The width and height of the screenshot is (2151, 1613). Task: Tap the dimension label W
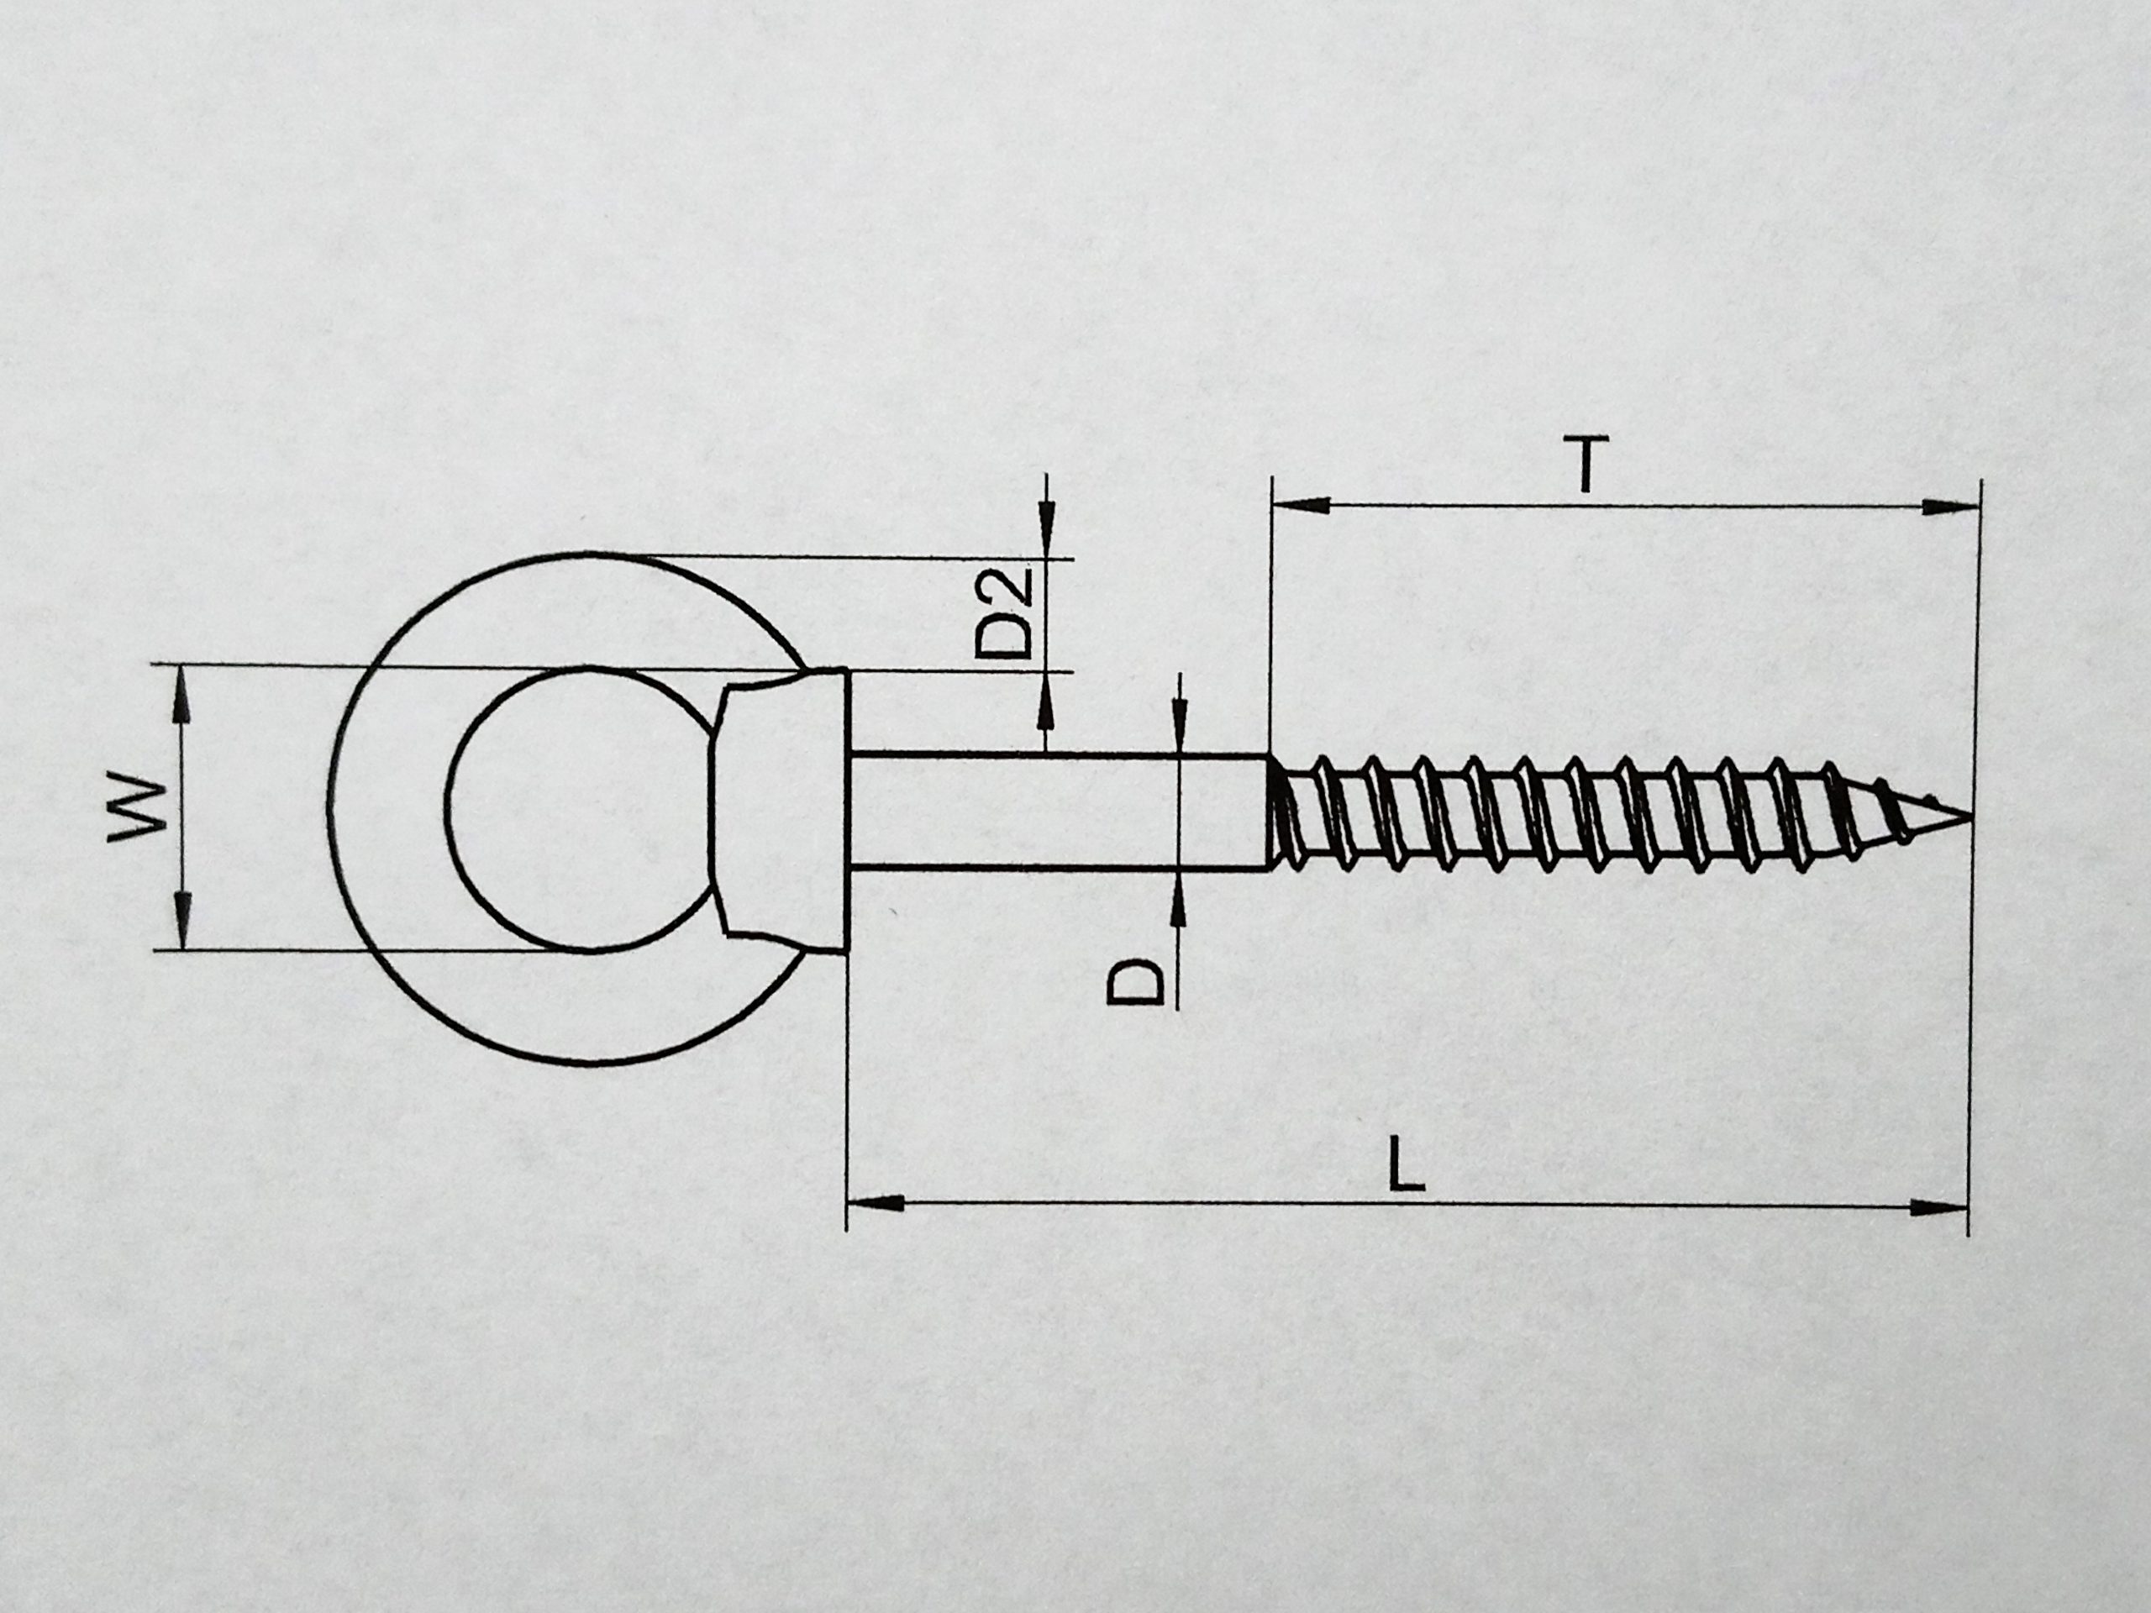tap(138, 807)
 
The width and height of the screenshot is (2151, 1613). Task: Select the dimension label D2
tap(1003, 613)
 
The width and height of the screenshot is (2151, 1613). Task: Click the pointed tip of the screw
tap(1970, 815)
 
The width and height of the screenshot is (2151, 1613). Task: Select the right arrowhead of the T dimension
tap(1951, 507)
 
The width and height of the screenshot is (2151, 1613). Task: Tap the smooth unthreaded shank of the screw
tap(1060, 812)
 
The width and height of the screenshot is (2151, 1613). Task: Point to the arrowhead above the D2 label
tap(1047, 531)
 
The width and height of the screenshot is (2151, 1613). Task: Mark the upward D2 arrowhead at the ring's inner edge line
tap(1046, 699)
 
